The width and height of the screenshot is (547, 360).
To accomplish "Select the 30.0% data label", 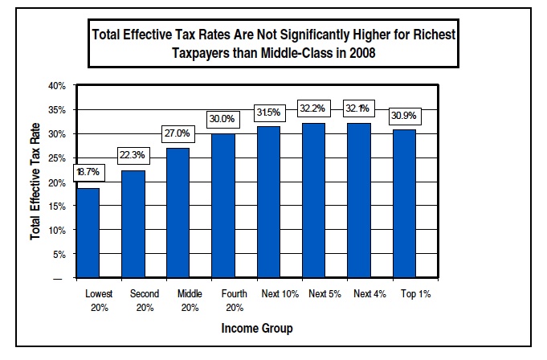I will (222, 118).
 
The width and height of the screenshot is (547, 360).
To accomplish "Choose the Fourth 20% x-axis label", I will (235, 301).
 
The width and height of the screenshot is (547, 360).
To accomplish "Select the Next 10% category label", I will (279, 294).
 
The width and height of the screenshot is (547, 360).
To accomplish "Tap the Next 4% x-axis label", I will (369, 294).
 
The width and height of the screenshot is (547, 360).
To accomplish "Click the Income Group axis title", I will (257, 328).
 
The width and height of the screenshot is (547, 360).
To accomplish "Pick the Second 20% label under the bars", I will (144, 301).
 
